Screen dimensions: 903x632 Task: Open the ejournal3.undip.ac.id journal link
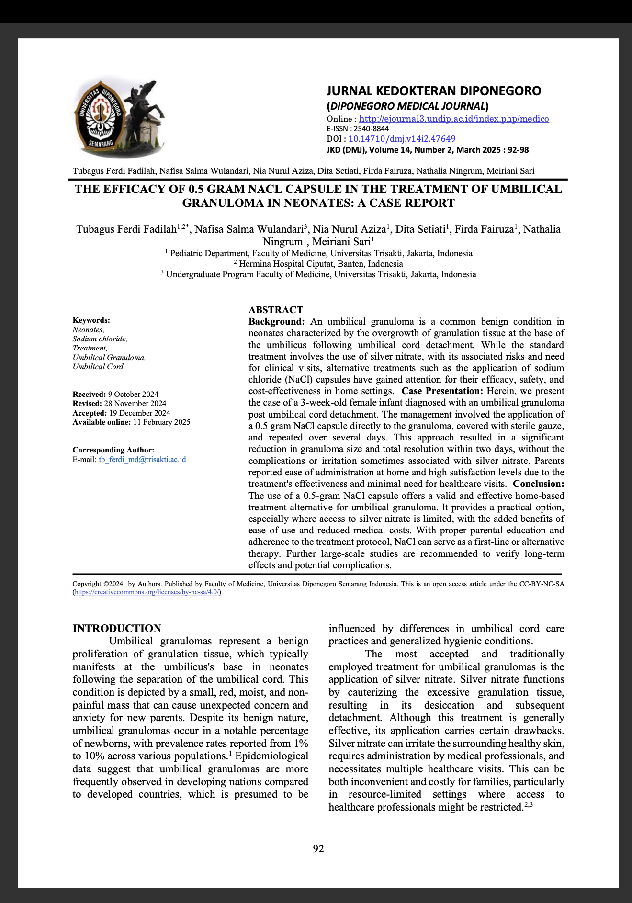tap(453, 119)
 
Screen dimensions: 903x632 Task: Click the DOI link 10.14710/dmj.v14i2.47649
tap(402, 139)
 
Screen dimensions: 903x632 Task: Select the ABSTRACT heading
tap(276, 310)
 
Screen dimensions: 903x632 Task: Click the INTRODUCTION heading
tap(117, 628)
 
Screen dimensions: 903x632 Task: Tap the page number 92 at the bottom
tap(318, 849)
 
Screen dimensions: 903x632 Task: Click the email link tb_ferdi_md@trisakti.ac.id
tap(142, 460)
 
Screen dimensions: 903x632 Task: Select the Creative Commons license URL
tap(147, 592)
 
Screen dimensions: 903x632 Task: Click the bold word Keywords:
tap(91, 320)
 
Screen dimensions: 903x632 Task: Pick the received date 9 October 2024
tap(133, 395)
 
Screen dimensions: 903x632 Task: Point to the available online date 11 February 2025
tap(162, 422)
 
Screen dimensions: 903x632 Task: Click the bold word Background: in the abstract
tap(276, 322)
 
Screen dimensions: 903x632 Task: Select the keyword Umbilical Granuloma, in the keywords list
tap(109, 358)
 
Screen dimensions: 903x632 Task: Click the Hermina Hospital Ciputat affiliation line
tap(318, 264)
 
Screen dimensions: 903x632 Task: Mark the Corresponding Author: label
tap(113, 450)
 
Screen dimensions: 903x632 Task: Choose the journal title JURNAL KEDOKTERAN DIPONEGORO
tap(434, 91)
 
